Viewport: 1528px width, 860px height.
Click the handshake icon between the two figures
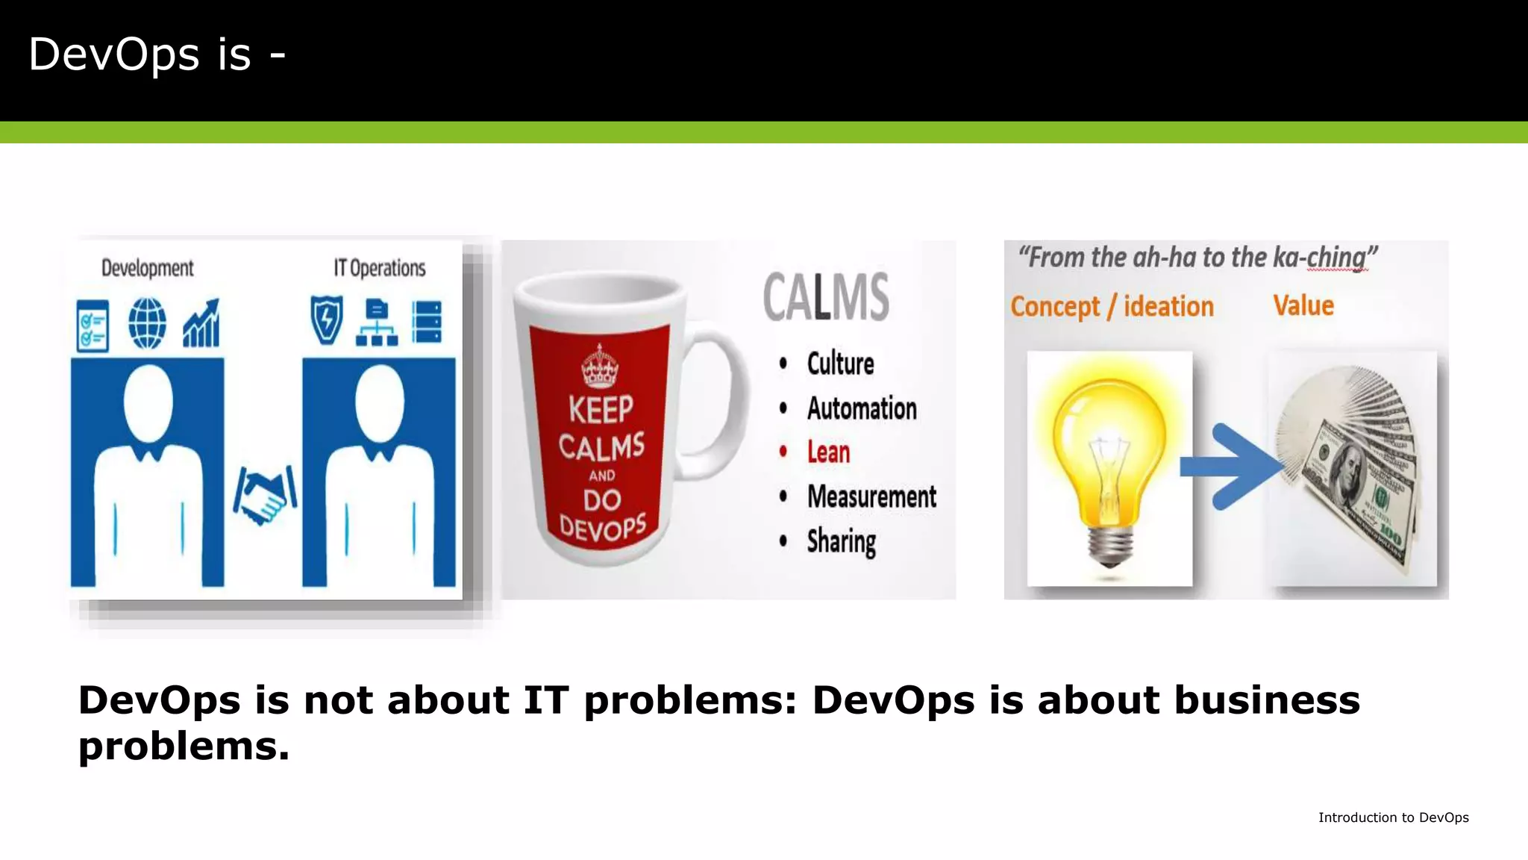point(264,495)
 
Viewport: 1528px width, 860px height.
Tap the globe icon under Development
point(147,323)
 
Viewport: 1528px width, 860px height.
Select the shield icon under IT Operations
point(327,320)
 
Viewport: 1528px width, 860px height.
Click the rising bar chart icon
point(201,324)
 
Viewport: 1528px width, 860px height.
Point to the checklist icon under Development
point(93,325)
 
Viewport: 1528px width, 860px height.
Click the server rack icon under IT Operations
point(427,322)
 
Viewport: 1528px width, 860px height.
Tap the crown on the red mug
point(600,367)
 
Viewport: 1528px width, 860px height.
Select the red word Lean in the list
point(828,452)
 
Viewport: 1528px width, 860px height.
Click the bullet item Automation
point(862,408)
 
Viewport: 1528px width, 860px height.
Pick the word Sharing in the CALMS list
point(842,541)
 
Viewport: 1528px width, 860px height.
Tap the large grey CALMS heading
point(826,297)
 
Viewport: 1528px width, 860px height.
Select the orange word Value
point(1303,305)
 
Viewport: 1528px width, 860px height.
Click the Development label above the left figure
point(147,268)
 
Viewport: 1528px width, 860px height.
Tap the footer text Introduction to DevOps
point(1393,817)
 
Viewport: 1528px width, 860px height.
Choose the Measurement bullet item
point(871,497)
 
